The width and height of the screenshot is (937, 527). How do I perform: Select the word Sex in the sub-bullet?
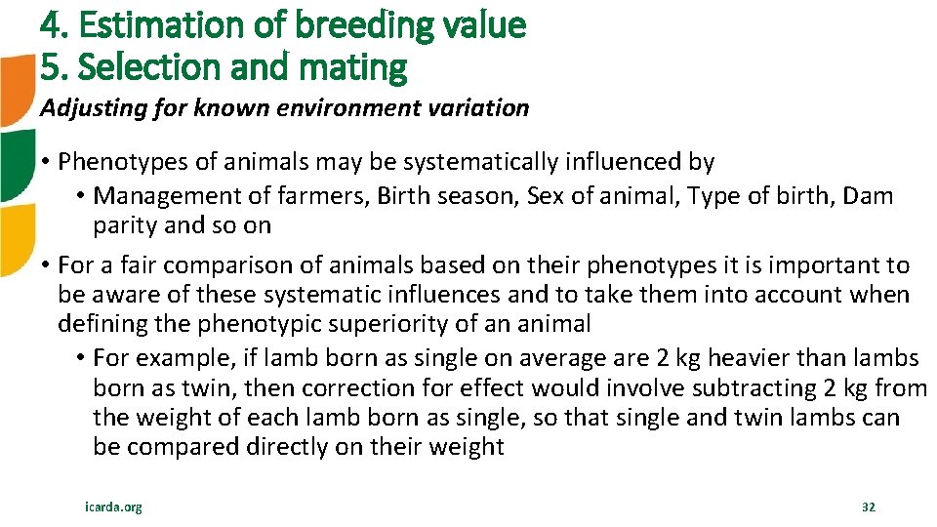coord(545,196)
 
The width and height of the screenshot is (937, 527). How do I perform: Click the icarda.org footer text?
coord(113,507)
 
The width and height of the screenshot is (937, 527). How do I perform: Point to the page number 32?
coord(868,507)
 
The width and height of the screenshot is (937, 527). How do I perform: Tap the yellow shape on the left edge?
coord(14,240)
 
